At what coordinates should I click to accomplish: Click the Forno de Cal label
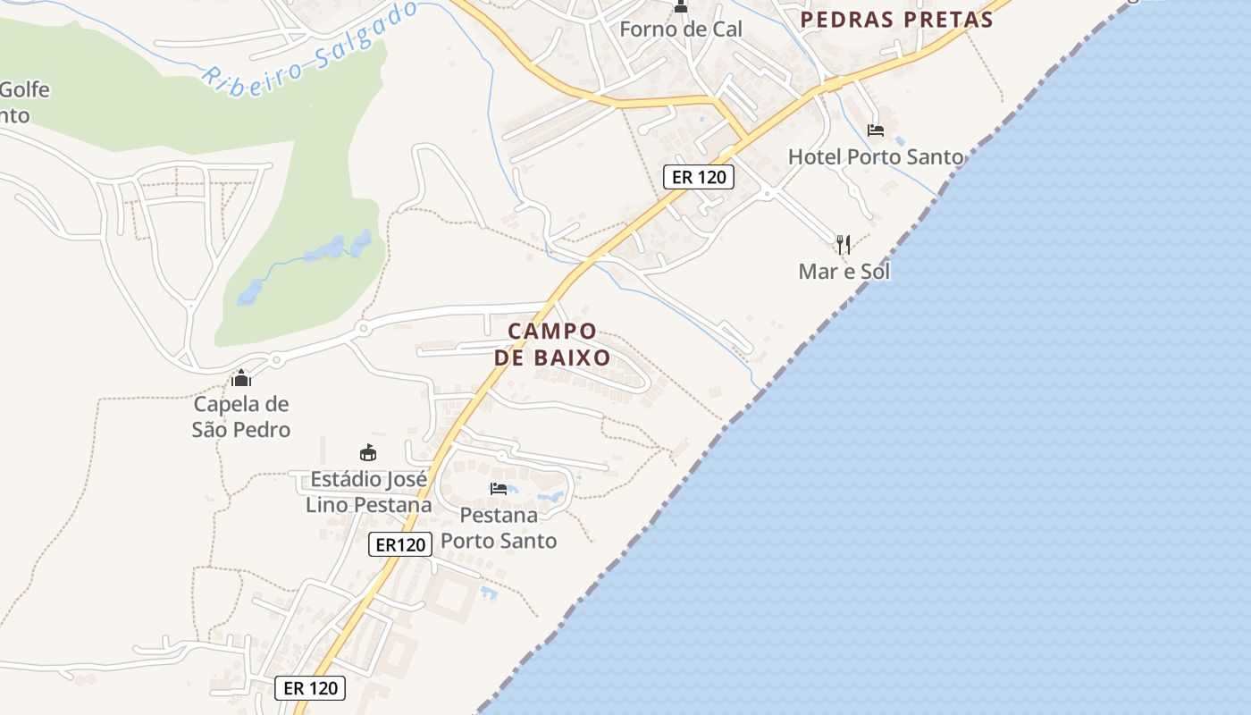[681, 29]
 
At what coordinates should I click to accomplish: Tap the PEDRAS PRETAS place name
[896, 20]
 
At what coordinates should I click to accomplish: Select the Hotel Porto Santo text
[876, 157]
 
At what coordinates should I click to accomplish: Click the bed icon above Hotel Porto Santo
[876, 130]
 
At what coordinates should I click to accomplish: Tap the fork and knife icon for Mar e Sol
[843, 243]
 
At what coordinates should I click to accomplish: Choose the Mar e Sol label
[844, 272]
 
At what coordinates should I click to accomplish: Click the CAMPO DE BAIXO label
[552, 344]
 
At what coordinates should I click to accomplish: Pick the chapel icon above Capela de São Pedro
[240, 378]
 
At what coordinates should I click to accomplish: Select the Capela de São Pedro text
[241, 416]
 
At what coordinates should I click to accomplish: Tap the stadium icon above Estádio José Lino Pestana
[367, 453]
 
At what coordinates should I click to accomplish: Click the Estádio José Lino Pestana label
[368, 492]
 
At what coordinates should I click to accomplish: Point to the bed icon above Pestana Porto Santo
[499, 489]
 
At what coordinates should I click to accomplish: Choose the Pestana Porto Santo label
[499, 528]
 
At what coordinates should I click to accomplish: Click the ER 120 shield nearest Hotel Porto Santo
[699, 177]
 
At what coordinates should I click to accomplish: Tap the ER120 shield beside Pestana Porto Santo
[400, 544]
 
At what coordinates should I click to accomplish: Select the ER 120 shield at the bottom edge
[310, 687]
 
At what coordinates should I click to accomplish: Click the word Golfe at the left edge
[24, 90]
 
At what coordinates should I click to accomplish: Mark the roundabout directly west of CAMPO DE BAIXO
[362, 329]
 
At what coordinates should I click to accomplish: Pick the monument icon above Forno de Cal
[681, 7]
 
